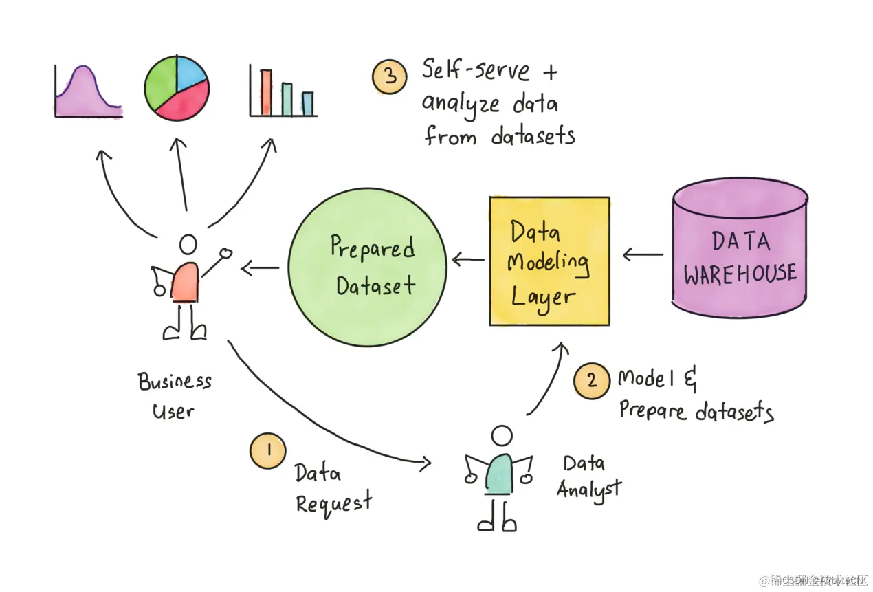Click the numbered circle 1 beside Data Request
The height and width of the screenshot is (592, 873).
[x=267, y=450]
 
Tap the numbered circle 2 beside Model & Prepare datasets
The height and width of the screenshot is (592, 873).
[x=592, y=381]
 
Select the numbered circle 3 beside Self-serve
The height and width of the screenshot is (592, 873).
[x=390, y=76]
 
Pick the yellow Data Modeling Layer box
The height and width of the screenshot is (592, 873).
[x=549, y=261]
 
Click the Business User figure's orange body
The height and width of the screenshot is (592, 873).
[x=186, y=283]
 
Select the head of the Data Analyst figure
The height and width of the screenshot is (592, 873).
[x=502, y=436]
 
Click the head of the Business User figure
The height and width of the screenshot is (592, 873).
[x=188, y=245]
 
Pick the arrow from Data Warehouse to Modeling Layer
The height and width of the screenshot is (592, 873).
[x=643, y=255]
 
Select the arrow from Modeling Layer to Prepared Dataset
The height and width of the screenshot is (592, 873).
[x=467, y=260]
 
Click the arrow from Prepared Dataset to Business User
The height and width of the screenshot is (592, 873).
[x=260, y=267]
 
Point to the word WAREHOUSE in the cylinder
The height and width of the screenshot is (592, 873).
[x=740, y=274]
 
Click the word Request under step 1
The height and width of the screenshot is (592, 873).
[x=334, y=502]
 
